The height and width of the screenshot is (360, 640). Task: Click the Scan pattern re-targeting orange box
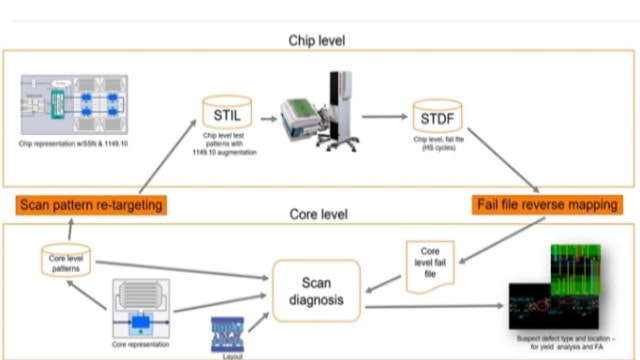pos(91,204)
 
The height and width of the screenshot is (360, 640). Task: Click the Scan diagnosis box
pos(317,291)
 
